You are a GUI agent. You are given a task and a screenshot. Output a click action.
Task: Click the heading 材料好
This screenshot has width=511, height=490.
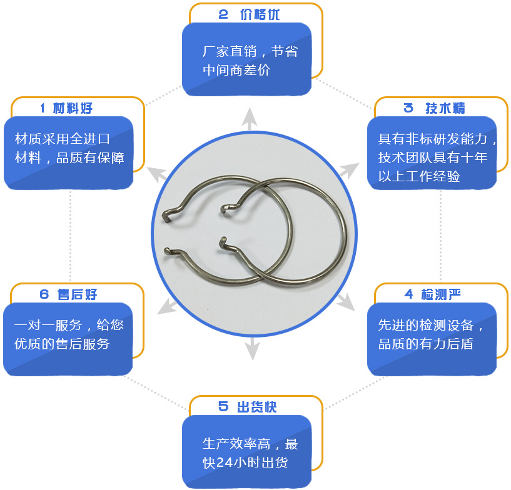click(x=73, y=108)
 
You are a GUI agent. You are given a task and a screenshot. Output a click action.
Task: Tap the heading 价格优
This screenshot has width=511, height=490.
click(x=260, y=14)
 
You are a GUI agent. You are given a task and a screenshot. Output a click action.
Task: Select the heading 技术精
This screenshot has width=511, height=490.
click(x=445, y=108)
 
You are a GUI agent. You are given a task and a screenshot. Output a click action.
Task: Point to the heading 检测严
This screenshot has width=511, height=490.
click(x=441, y=294)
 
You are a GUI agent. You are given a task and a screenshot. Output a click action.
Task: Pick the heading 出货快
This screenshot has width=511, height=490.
click(x=257, y=407)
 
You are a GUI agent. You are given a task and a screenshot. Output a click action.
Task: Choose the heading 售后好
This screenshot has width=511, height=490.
click(x=77, y=294)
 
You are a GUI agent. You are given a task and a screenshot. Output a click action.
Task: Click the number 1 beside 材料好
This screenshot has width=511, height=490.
click(x=43, y=108)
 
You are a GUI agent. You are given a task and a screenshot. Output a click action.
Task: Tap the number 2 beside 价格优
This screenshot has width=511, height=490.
click(x=223, y=14)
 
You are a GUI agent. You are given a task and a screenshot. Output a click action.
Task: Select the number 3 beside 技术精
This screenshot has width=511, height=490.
click(x=408, y=108)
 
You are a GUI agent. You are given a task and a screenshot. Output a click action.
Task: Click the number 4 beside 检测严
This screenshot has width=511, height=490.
click(x=408, y=294)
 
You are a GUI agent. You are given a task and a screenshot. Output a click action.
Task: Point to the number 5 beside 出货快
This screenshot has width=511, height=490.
click(x=223, y=407)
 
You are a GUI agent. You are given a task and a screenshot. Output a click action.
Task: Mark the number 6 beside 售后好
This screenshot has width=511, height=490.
click(x=44, y=294)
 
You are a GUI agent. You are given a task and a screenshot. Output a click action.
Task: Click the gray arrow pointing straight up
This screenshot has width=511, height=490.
click(x=250, y=119)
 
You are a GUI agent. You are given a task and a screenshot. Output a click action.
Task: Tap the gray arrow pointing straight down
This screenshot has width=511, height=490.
click(x=252, y=349)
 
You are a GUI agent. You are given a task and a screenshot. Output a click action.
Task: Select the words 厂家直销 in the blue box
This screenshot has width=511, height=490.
click(x=230, y=51)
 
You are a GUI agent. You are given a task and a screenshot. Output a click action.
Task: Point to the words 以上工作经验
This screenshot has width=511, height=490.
click(x=419, y=176)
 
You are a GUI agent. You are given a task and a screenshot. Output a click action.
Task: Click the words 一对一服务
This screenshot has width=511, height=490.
click(x=48, y=325)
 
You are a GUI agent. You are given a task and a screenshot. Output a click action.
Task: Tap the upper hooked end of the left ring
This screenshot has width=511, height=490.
click(x=167, y=216)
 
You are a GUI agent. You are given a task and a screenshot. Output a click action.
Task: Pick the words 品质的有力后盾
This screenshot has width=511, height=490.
click(x=425, y=344)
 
